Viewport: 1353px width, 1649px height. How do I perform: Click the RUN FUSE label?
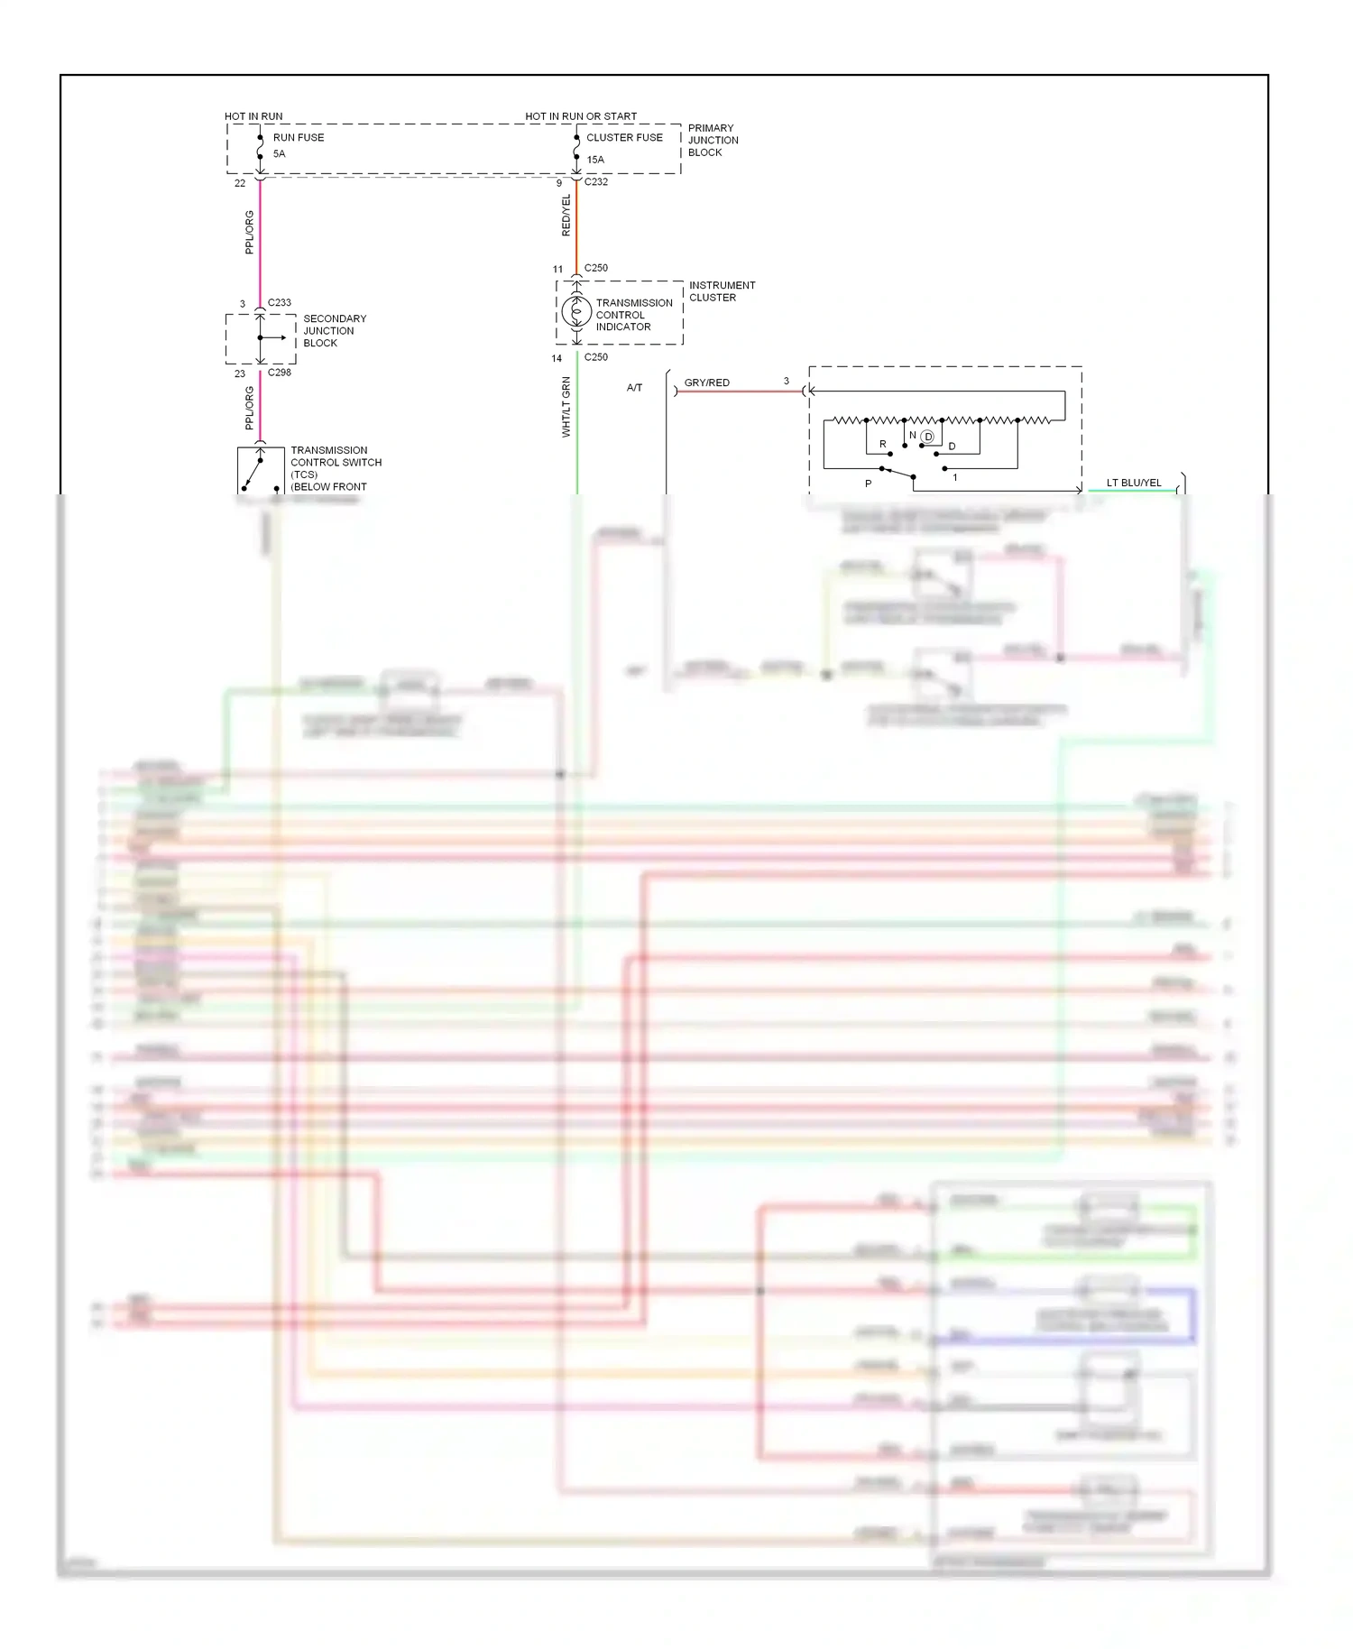coord(298,138)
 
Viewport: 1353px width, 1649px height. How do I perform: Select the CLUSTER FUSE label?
coord(624,138)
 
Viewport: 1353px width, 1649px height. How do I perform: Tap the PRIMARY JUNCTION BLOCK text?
coord(713,141)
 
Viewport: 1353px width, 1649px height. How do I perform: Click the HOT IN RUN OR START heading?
coord(581,116)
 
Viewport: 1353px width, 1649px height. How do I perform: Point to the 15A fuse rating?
coord(595,160)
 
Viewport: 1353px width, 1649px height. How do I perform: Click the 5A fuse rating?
coord(280,154)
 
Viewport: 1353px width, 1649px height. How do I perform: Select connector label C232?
coord(596,182)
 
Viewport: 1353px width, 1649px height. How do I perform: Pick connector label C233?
coord(280,303)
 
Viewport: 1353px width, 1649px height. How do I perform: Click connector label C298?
coord(280,373)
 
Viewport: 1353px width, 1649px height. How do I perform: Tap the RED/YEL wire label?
coord(566,216)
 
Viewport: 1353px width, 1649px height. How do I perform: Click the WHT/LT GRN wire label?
coord(566,408)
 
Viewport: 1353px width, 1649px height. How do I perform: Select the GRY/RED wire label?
coord(706,383)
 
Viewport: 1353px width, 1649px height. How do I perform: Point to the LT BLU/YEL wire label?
coord(1134,484)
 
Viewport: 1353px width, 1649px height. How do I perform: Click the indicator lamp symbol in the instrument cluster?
coord(576,313)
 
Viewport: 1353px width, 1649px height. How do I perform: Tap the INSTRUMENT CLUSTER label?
coord(722,291)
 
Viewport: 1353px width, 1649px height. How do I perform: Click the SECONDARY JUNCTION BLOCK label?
coord(335,331)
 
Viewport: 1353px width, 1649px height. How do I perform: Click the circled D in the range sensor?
coord(927,437)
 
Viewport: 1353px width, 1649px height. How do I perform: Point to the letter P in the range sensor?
coord(869,484)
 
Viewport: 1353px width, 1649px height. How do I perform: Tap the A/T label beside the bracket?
coord(635,388)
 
